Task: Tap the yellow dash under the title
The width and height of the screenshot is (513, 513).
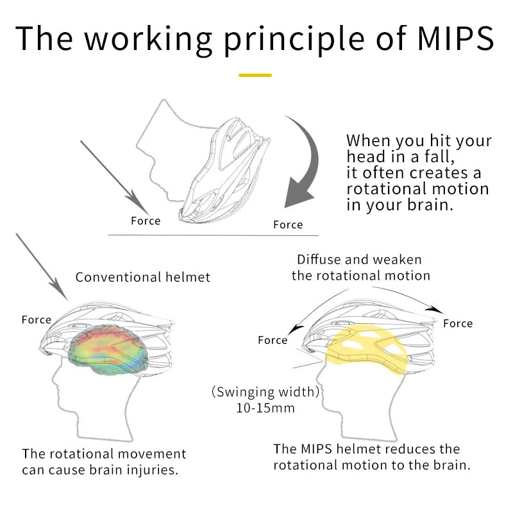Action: pos(255,75)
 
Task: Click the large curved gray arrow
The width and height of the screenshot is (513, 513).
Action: pos(307,160)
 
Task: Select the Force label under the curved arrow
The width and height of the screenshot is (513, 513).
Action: pos(288,224)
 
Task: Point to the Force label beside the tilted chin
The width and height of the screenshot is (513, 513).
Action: pos(146,221)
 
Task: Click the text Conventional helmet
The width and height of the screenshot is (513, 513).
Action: pos(143,277)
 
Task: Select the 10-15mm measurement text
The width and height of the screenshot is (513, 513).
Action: pos(264,408)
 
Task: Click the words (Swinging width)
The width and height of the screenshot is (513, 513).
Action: pos(265,392)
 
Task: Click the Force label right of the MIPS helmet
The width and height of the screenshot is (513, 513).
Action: pos(458,324)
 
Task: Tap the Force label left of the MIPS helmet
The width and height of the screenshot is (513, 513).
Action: pos(273,340)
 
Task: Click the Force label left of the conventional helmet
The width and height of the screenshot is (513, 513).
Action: pos(37,319)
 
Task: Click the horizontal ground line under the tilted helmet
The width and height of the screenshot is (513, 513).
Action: pos(205,235)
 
